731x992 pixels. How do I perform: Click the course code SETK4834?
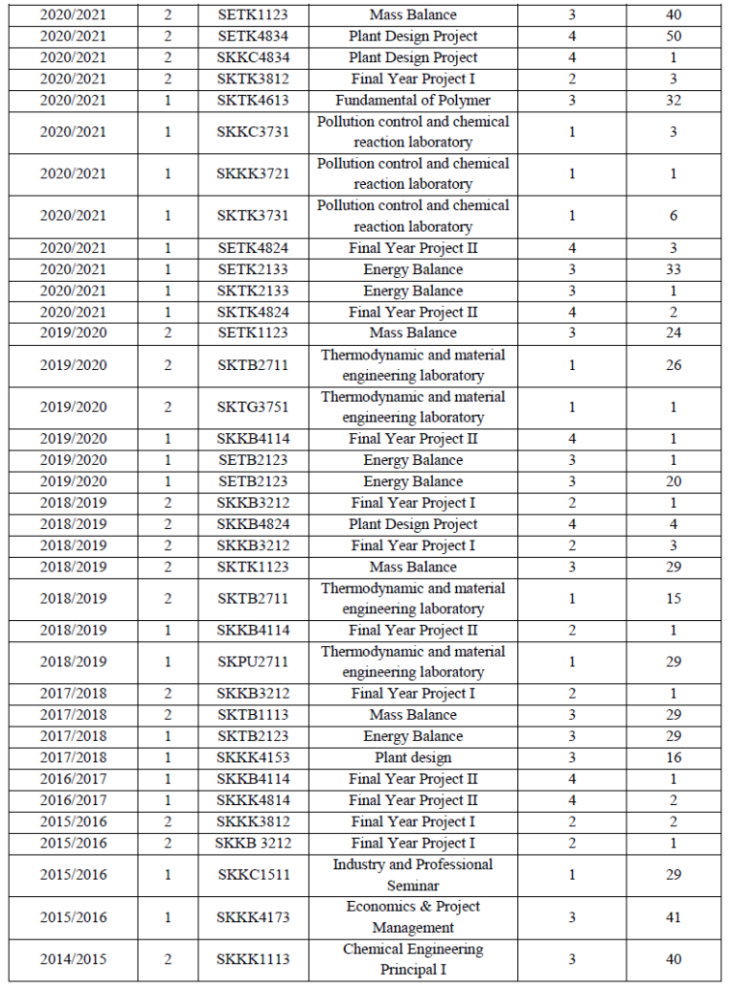point(253,36)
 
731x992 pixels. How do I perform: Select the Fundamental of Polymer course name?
point(413,100)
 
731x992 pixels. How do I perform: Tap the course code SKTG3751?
point(253,407)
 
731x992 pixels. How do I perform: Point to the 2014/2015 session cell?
point(74,959)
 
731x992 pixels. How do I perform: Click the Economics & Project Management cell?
point(413,917)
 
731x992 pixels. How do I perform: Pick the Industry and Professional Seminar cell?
point(413,875)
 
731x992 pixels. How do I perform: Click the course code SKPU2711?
point(253,662)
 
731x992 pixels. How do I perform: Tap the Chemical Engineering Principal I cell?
point(413,959)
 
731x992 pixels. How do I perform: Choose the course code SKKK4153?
point(253,758)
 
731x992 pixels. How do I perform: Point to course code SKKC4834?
point(253,57)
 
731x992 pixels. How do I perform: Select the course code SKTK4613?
point(253,100)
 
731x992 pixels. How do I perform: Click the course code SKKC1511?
point(253,875)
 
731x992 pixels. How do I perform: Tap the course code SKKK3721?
point(253,173)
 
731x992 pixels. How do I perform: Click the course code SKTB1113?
point(253,715)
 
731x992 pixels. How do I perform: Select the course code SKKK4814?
point(253,800)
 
